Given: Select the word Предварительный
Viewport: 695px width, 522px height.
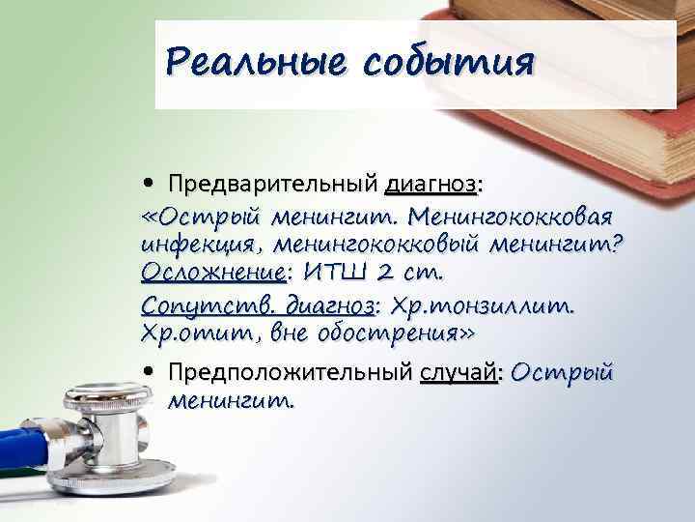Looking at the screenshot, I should pyautogui.click(x=272, y=184).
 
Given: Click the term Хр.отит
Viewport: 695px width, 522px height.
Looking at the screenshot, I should pyautogui.click(x=191, y=335).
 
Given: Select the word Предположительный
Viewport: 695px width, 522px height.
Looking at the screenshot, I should pyautogui.click(x=289, y=373).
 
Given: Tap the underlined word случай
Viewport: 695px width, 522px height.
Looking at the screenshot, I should pyautogui.click(x=459, y=373).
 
